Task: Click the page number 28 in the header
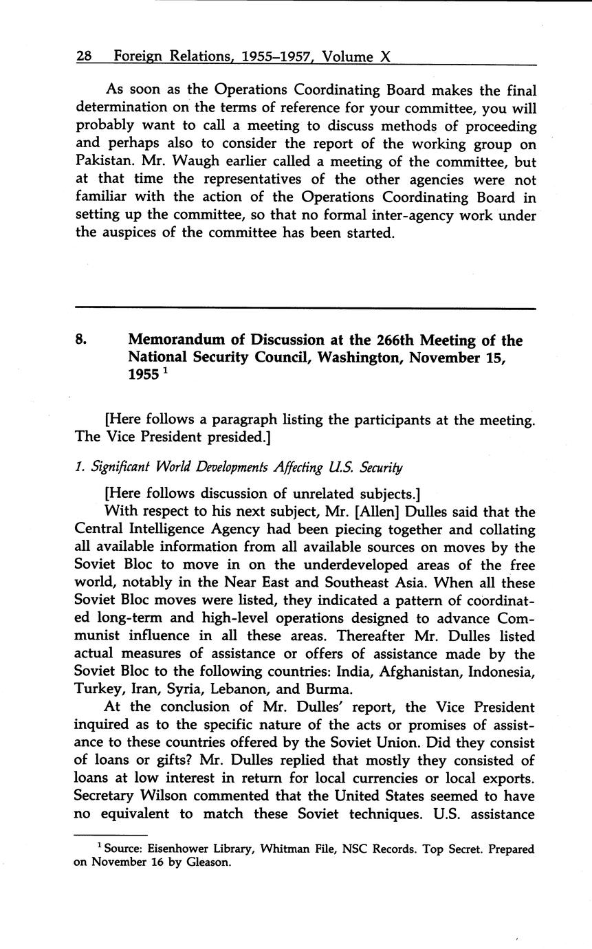pos(84,57)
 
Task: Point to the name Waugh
pos(187,162)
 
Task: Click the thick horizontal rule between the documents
pos(305,308)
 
